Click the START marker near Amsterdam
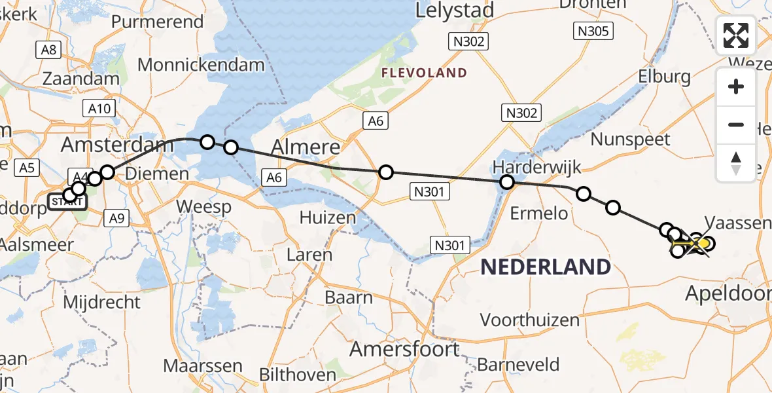coord(67,202)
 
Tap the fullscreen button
coord(736,35)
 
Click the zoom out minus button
coord(736,124)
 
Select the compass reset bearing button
coord(736,162)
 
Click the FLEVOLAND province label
coord(425,73)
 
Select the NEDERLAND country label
coord(546,267)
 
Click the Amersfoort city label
coord(404,349)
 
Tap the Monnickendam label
coord(202,65)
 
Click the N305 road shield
coord(593,30)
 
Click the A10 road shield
coord(99,109)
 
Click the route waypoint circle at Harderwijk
coord(507,182)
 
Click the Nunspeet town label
coord(630,139)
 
